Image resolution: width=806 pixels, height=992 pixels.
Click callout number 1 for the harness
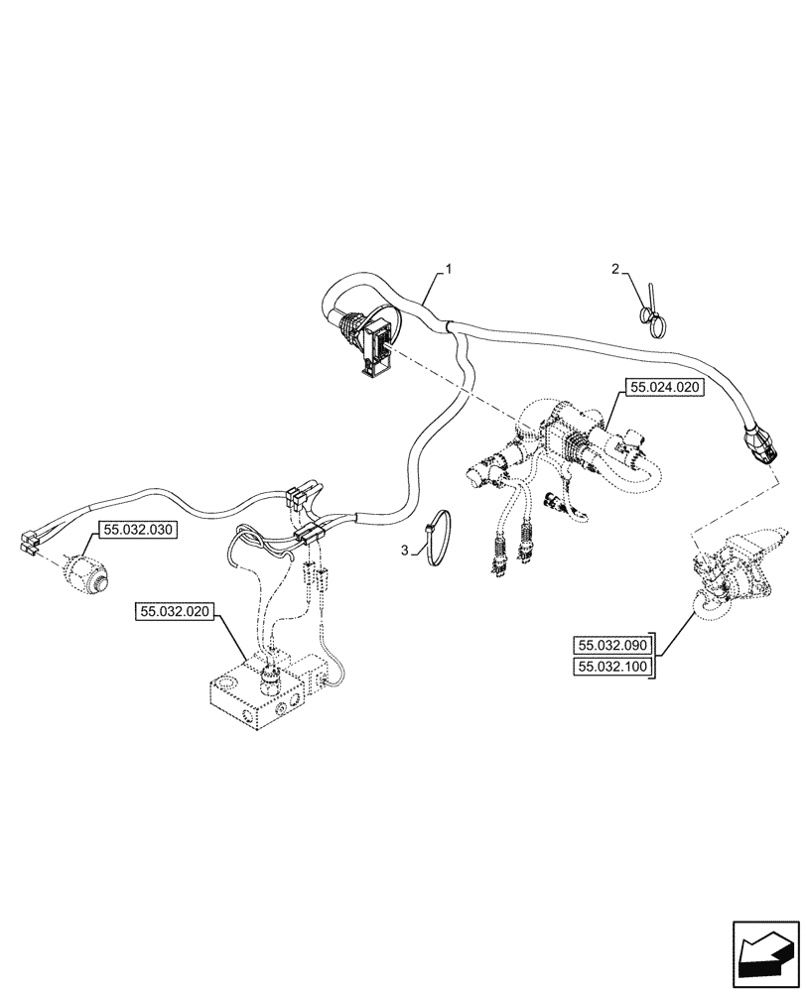click(x=449, y=269)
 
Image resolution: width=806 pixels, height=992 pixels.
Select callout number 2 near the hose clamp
click(x=615, y=269)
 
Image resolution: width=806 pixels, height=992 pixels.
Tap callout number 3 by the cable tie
click(x=404, y=549)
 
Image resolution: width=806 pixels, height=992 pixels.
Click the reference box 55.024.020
click(x=663, y=388)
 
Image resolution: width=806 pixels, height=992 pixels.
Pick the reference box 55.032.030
click(x=136, y=531)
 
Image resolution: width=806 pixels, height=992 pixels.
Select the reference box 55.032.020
click(x=172, y=612)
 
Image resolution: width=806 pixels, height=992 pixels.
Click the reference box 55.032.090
click(x=611, y=645)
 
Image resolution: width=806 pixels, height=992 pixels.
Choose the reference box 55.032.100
click(x=611, y=668)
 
